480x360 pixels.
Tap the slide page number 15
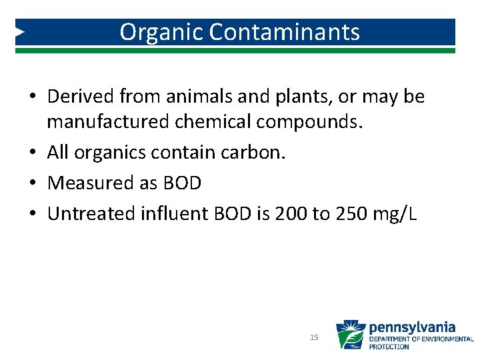[314, 338]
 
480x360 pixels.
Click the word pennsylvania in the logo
[412, 327]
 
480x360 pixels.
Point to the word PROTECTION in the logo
[389, 347]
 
